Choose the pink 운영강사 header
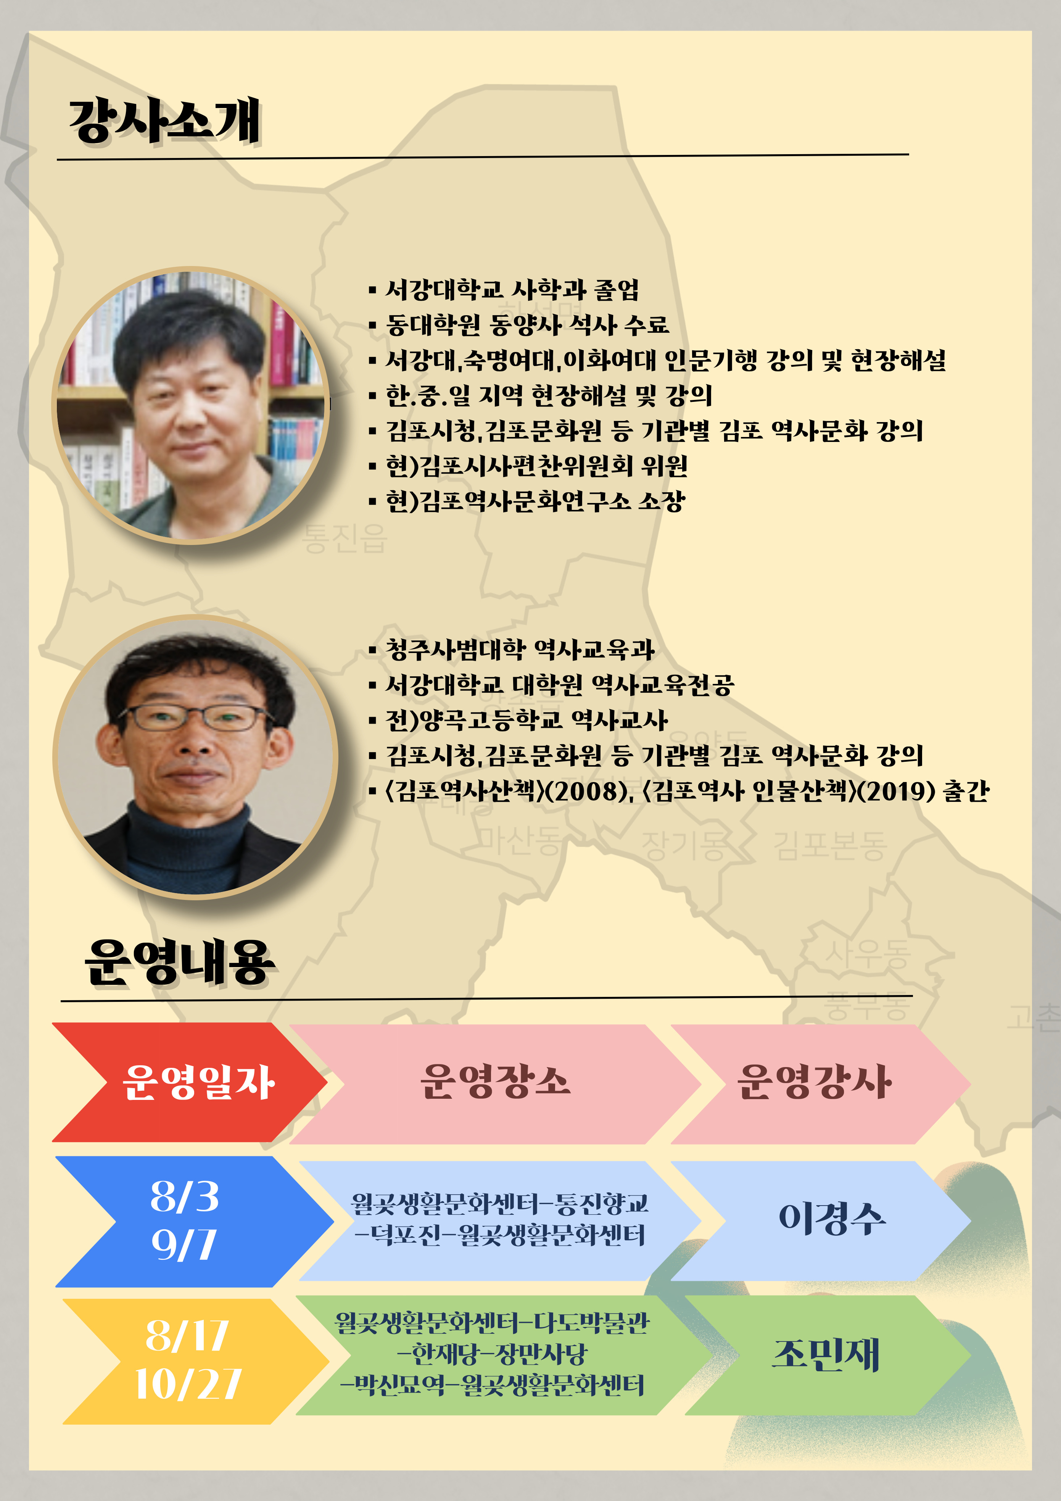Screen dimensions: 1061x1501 pyautogui.click(x=820, y=1083)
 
